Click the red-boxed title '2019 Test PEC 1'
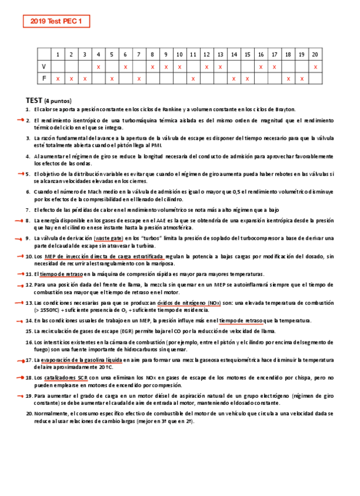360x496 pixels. tap(56, 22)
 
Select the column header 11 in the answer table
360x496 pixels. tap(193, 54)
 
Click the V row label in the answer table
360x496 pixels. tap(44, 66)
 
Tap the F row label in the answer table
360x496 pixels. tap(44, 78)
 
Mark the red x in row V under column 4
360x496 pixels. tap(98, 67)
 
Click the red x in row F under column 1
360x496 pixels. tap(57, 78)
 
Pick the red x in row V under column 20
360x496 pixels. tap(315, 67)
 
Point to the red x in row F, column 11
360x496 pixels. tap(193, 78)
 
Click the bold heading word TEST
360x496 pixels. tap(34, 100)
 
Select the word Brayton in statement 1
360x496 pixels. tap(285, 109)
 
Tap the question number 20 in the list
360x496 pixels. tap(29, 414)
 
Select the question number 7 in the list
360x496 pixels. tap(29, 209)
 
